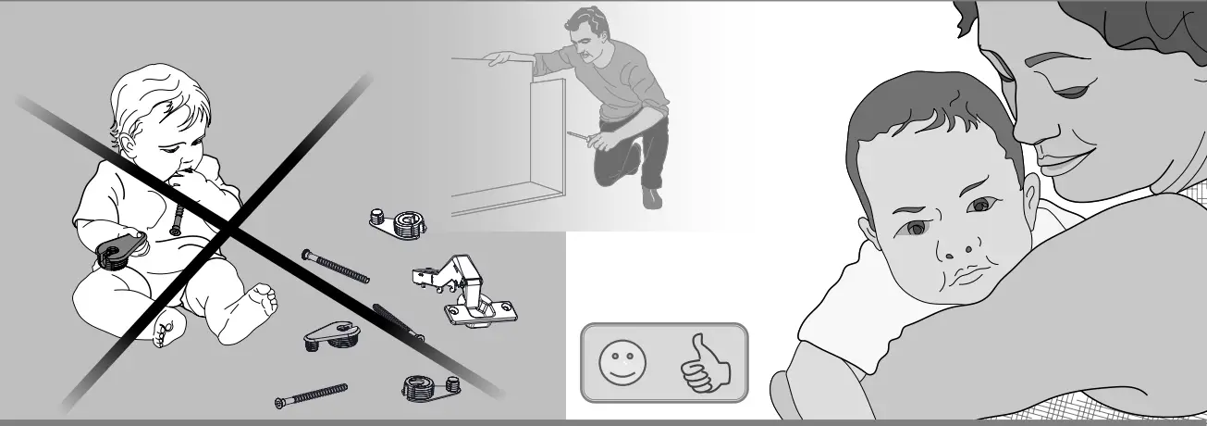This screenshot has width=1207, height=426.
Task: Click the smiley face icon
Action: (617, 362)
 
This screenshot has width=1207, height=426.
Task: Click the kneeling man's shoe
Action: (652, 197)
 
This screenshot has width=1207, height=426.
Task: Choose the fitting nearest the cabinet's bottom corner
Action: (399, 221)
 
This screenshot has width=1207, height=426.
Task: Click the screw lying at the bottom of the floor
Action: (312, 395)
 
